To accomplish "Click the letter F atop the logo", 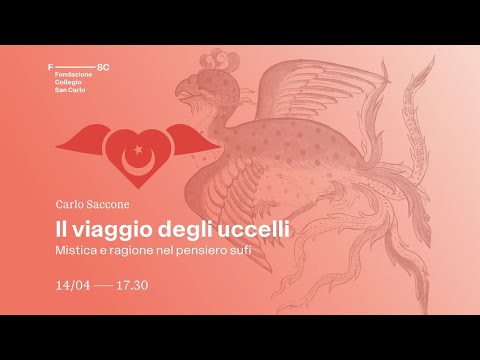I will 51,64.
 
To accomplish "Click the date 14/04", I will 74,284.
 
